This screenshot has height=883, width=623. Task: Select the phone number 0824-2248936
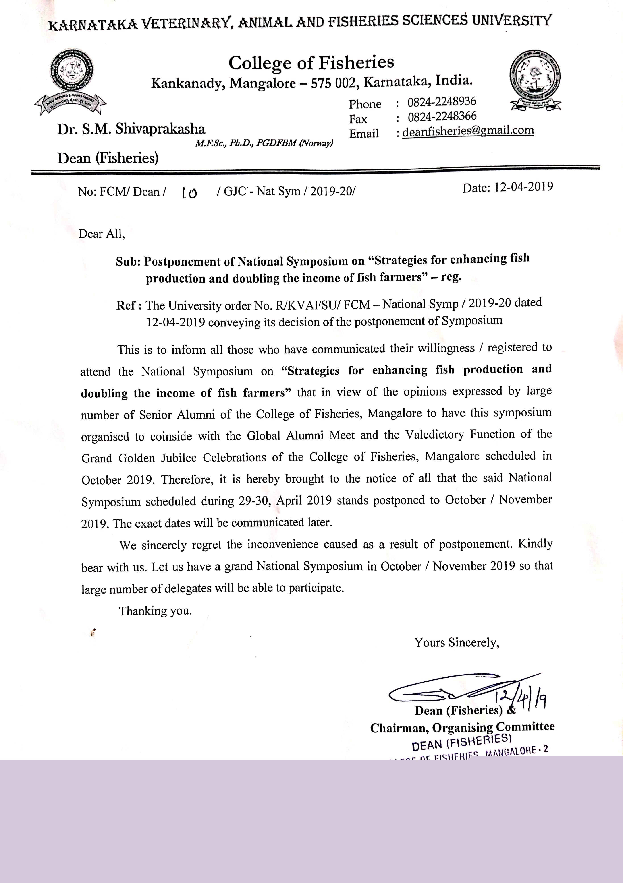[442, 102]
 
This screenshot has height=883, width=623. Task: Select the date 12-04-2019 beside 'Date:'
[524, 187]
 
